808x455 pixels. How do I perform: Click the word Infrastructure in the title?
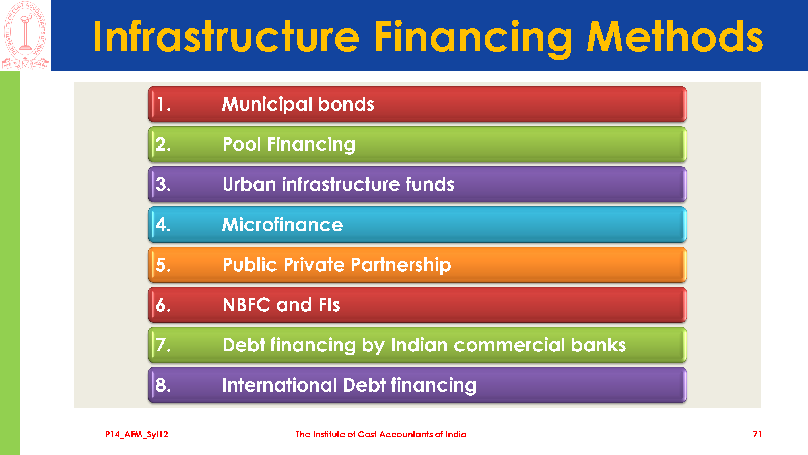pyautogui.click(x=226, y=36)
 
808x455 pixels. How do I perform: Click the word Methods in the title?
pyautogui.click(x=675, y=36)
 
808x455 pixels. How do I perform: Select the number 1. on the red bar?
pyautogui.click(x=163, y=104)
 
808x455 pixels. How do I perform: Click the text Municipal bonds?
pyautogui.click(x=298, y=104)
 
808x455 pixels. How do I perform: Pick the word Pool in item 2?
pyautogui.click(x=242, y=144)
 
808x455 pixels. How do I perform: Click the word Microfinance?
pyautogui.click(x=282, y=225)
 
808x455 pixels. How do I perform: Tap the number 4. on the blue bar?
pyautogui.click(x=163, y=225)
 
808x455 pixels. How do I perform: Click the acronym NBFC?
pyautogui.click(x=247, y=305)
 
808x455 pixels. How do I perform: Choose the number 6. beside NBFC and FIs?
pyautogui.click(x=163, y=305)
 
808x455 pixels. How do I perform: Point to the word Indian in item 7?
pyautogui.click(x=419, y=345)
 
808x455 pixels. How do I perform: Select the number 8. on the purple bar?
pyautogui.click(x=163, y=385)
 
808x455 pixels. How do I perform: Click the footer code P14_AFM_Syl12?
pyautogui.click(x=137, y=435)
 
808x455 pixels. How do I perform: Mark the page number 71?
pyautogui.click(x=757, y=434)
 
